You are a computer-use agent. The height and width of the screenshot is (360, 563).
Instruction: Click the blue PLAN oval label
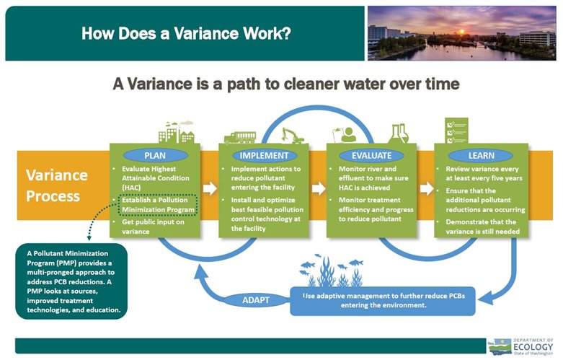[155, 156]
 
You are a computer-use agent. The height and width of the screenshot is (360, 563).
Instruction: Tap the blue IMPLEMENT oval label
[264, 156]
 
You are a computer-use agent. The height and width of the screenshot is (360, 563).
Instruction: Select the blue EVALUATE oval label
[372, 156]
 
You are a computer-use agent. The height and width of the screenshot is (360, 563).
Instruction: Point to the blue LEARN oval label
[481, 156]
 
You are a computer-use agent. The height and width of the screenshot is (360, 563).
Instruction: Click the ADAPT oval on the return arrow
[256, 300]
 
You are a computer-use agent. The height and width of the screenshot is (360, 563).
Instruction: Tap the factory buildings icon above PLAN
[177, 132]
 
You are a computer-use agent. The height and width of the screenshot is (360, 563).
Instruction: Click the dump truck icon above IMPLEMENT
[240, 138]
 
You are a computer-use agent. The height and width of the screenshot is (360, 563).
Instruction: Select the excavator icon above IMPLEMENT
[293, 136]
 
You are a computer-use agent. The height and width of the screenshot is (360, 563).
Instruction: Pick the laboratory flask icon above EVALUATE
[398, 133]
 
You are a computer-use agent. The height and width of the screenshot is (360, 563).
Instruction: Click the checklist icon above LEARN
[456, 131]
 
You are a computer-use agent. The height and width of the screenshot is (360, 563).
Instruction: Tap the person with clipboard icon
[345, 135]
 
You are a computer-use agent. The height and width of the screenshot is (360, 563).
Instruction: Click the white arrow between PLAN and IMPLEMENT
[210, 188]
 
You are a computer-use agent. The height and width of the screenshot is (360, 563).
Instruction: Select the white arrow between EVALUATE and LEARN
[426, 188]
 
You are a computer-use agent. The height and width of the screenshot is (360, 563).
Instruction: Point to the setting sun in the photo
[462, 32]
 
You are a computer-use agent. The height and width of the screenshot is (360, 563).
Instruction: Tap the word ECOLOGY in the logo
[533, 347]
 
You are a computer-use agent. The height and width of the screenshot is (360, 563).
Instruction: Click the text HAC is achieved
[364, 188]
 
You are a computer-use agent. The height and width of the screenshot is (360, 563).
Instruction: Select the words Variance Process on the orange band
[57, 185]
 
